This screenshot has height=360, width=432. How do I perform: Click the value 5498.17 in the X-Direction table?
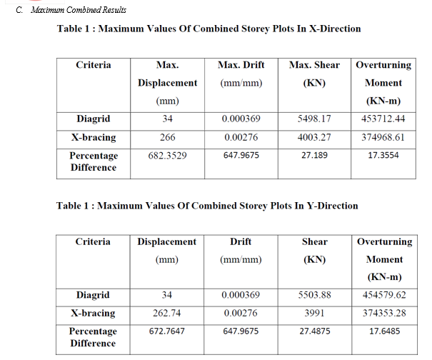pyautogui.click(x=314, y=119)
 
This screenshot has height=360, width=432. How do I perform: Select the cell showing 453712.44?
pyautogui.click(x=383, y=119)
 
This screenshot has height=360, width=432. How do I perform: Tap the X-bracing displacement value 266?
pyautogui.click(x=168, y=137)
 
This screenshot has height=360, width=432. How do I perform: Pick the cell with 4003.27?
pyautogui.click(x=314, y=137)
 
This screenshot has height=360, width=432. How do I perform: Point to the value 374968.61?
pyautogui.click(x=383, y=137)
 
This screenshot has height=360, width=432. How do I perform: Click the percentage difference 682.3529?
pyautogui.click(x=168, y=156)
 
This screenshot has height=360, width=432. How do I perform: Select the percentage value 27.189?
pyautogui.click(x=314, y=155)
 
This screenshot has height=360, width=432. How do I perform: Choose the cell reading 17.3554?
pyautogui.click(x=383, y=155)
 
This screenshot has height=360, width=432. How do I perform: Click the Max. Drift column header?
pyautogui.click(x=241, y=74)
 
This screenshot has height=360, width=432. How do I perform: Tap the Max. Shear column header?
pyautogui.click(x=314, y=74)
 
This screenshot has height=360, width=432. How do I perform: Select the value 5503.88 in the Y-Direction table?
pyautogui.click(x=314, y=295)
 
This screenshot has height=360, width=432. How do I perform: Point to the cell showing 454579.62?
pyautogui.click(x=384, y=295)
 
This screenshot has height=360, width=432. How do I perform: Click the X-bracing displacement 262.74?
pyautogui.click(x=167, y=313)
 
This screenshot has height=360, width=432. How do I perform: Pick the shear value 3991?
pyautogui.click(x=314, y=313)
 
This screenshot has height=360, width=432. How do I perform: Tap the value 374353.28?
pyautogui.click(x=384, y=313)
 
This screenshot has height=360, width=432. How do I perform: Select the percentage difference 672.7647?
pyautogui.click(x=167, y=331)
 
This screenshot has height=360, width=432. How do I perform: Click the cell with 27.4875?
pyautogui.click(x=315, y=331)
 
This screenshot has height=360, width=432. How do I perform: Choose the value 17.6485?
pyautogui.click(x=385, y=331)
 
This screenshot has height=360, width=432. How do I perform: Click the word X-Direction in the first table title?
pyautogui.click(x=335, y=29)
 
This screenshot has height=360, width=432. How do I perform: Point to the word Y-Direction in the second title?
pyautogui.click(x=332, y=206)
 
